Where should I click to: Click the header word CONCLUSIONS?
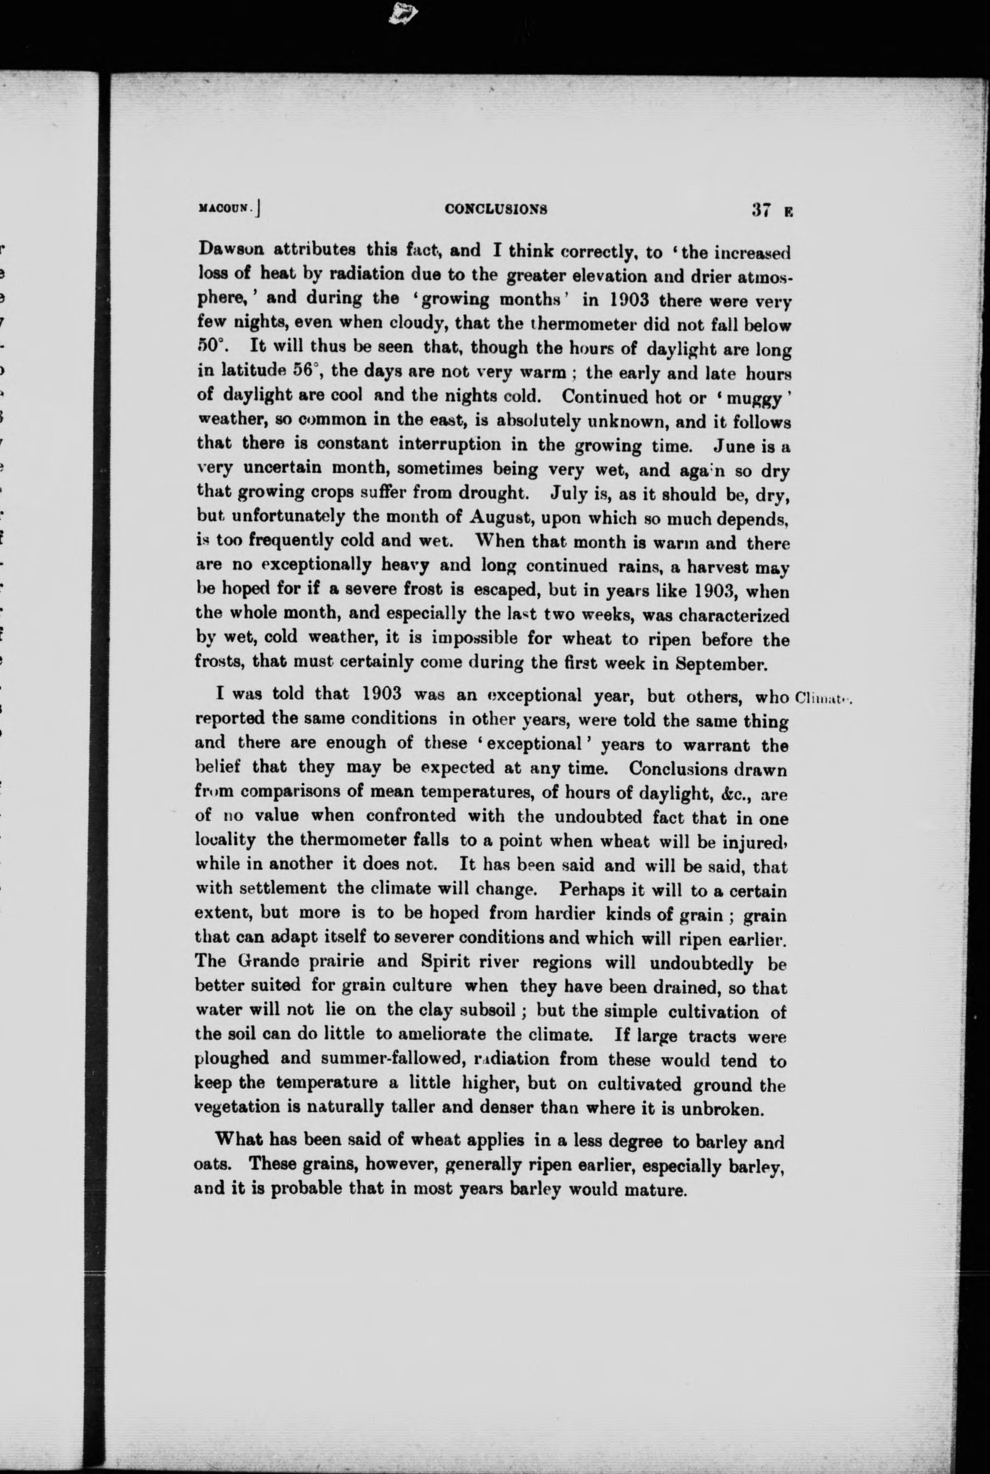[495, 210]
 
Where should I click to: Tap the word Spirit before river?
[442, 964]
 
